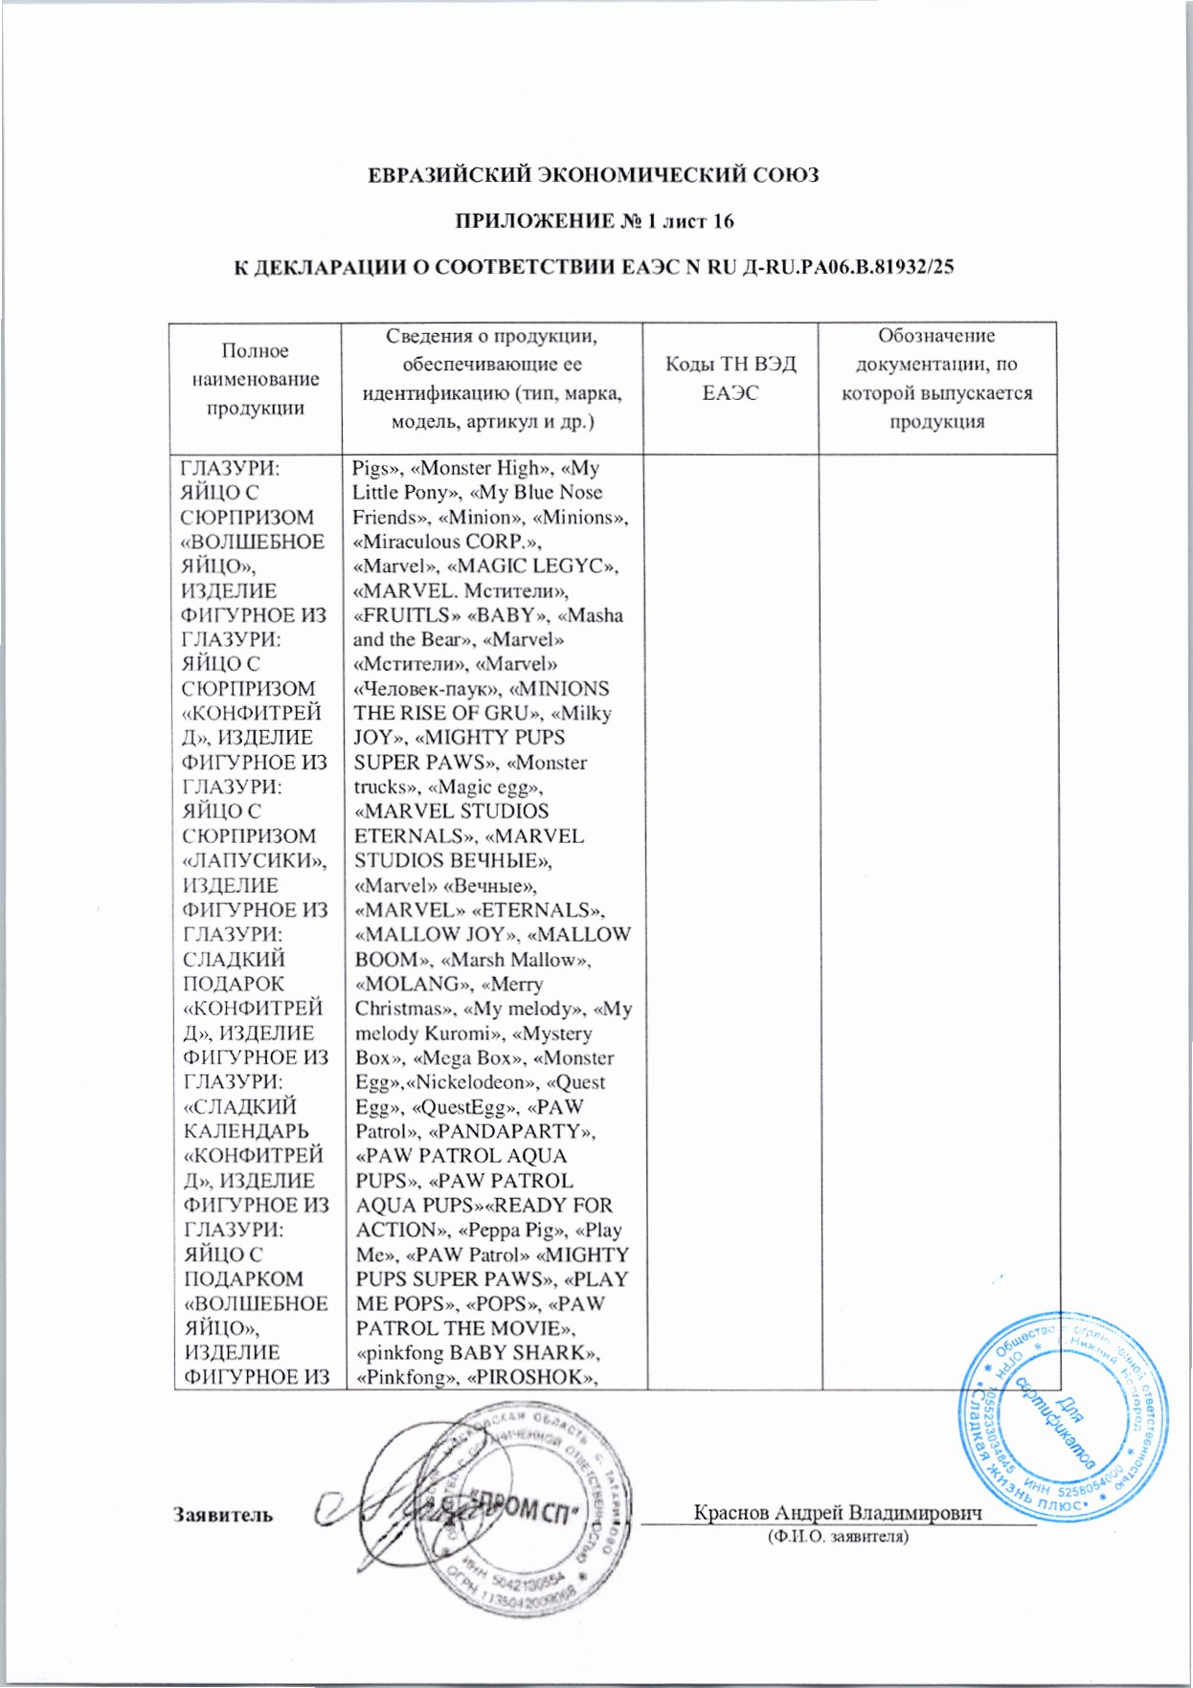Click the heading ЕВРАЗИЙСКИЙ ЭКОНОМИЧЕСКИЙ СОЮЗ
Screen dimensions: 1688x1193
(x=595, y=176)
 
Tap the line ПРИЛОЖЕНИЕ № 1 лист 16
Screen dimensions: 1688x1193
(x=594, y=222)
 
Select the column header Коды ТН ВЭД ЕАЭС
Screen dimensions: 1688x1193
(x=731, y=379)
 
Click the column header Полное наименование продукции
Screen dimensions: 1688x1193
(x=255, y=379)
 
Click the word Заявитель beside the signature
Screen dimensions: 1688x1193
(x=222, y=1515)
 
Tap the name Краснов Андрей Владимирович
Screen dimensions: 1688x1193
(x=839, y=1512)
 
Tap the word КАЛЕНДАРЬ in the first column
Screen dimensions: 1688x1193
(x=246, y=1132)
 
